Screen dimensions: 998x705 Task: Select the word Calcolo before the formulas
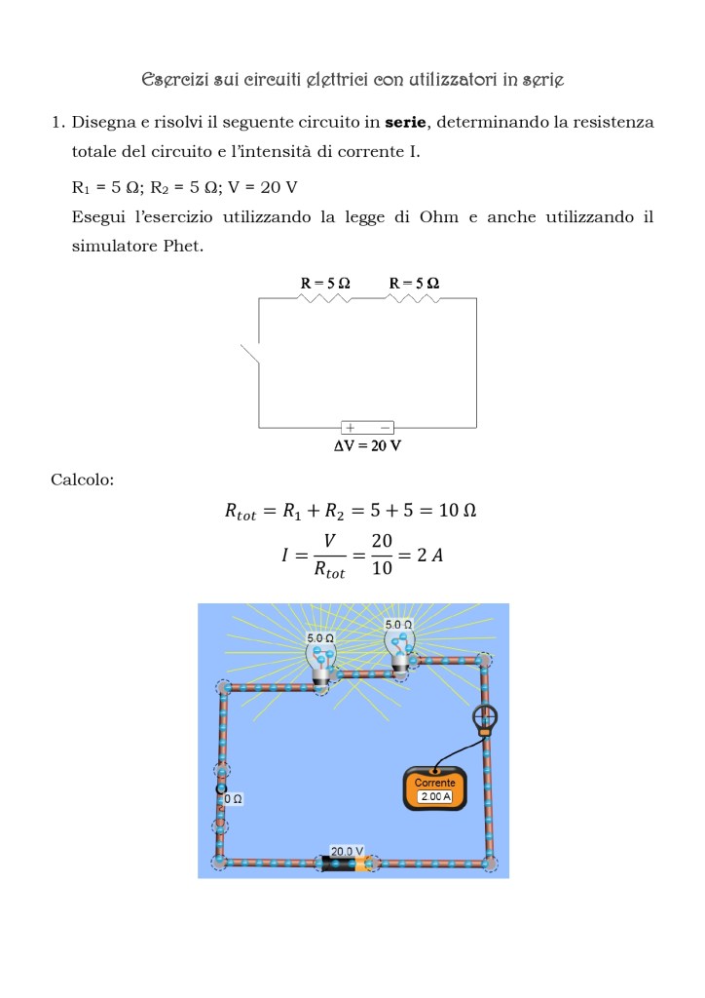click(x=82, y=480)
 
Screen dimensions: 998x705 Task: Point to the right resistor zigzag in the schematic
click(x=414, y=297)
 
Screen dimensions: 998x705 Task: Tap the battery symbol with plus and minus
click(x=367, y=427)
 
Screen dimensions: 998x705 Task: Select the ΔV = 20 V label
click(x=367, y=445)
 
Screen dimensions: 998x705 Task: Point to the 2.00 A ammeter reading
click(x=434, y=796)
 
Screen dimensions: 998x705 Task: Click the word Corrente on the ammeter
click(x=434, y=783)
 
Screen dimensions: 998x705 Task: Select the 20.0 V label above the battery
click(x=347, y=851)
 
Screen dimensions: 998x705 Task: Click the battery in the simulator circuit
click(x=346, y=864)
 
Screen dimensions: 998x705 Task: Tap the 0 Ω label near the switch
click(x=233, y=798)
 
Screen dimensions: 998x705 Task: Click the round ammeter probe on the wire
click(x=484, y=720)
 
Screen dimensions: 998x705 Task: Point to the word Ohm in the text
click(x=438, y=217)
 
